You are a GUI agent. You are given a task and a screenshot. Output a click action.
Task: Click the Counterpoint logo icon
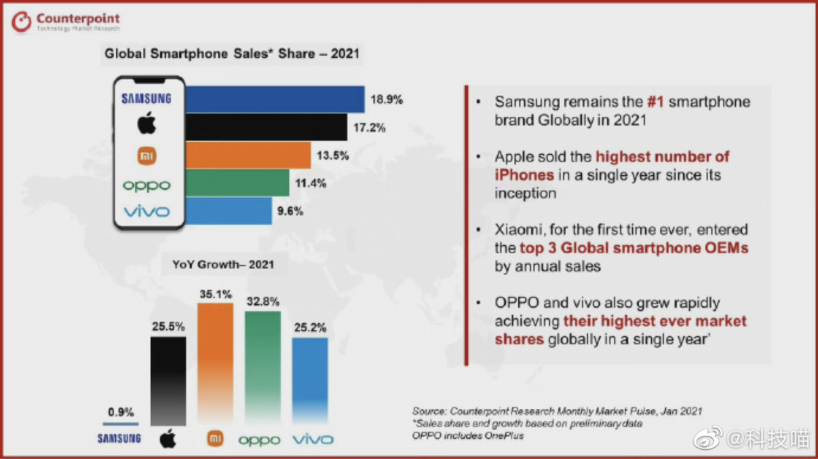[22, 23]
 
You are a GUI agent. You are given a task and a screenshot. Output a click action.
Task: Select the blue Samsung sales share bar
[275, 100]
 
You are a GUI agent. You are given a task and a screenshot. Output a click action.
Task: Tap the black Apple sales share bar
[266, 127]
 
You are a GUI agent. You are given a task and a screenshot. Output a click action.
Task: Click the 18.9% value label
[387, 100]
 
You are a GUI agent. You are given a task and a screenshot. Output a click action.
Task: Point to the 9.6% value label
[290, 211]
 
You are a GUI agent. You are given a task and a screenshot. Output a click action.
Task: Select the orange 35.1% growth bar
[215, 364]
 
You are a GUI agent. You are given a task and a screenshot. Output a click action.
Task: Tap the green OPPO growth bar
[263, 368]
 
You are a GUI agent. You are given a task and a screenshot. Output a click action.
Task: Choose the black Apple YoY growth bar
[168, 380]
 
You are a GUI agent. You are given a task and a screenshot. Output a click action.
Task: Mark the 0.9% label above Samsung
[120, 412]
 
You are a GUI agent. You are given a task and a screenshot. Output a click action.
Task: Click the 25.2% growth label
[310, 328]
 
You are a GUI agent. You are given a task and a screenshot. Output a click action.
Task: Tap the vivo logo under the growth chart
[313, 440]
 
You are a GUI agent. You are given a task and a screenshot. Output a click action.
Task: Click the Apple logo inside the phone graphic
[146, 124]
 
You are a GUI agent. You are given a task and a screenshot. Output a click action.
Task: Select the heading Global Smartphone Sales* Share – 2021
[232, 54]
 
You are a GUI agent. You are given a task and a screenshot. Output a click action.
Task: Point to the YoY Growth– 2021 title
[223, 264]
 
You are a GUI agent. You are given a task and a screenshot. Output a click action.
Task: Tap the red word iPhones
[524, 175]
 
